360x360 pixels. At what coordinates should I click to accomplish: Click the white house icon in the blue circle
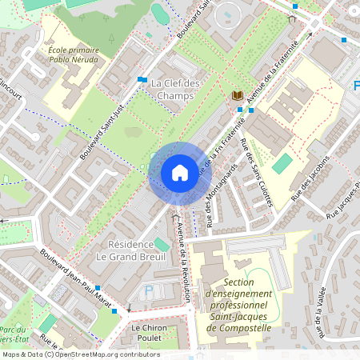(x=179, y=173)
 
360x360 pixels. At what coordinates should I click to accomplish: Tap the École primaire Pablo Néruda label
(x=73, y=54)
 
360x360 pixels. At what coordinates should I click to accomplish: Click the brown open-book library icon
(x=237, y=96)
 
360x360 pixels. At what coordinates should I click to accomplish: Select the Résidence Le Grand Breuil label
(x=129, y=250)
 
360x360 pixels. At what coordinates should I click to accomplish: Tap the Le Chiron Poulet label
(x=146, y=333)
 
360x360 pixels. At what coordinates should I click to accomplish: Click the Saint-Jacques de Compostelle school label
(x=249, y=306)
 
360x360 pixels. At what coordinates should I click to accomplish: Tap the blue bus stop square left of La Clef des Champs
(x=142, y=79)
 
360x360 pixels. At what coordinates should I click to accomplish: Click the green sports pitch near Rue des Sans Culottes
(x=282, y=163)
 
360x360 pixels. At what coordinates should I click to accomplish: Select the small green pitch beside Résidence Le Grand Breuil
(x=162, y=243)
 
